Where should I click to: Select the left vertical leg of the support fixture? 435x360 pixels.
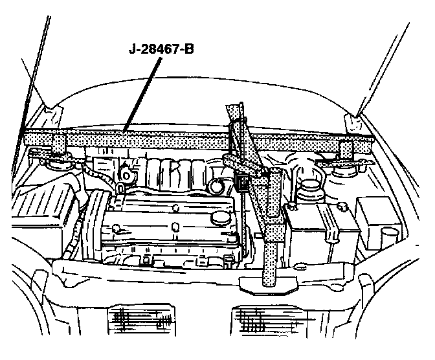[59, 146]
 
